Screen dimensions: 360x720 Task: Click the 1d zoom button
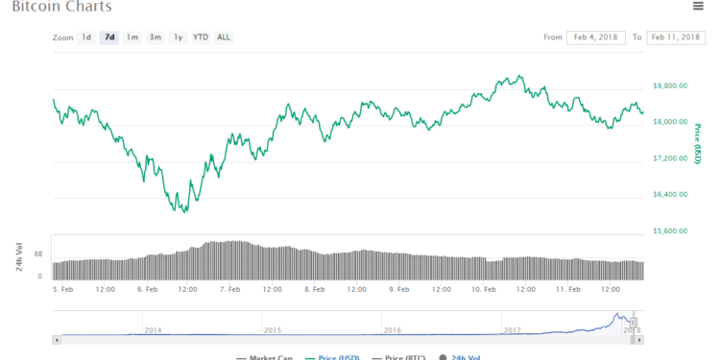click(x=86, y=37)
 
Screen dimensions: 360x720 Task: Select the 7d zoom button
click(x=109, y=37)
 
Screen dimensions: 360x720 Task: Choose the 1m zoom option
click(x=132, y=37)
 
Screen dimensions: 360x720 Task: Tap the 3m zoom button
click(x=155, y=37)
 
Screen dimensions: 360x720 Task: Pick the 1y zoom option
click(x=178, y=37)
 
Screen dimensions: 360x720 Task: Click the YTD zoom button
click(x=200, y=37)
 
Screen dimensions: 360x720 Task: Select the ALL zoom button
click(x=224, y=37)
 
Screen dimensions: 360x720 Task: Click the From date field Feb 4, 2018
click(x=595, y=37)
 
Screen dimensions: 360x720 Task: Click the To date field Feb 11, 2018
click(x=677, y=37)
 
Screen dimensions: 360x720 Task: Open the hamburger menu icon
click(x=698, y=6)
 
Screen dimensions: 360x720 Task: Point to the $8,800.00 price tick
click(x=669, y=85)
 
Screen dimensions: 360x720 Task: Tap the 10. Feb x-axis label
click(x=483, y=288)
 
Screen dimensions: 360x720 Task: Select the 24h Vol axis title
click(x=19, y=256)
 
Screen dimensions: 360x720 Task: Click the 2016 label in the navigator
click(x=392, y=329)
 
